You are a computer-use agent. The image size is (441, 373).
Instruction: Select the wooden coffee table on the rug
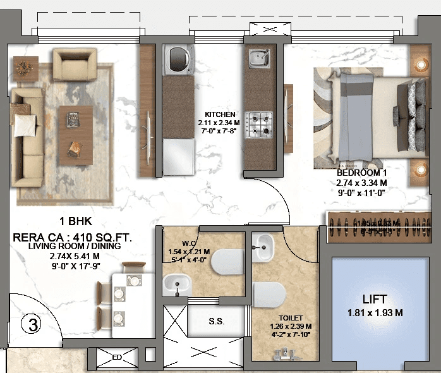coord(75,132)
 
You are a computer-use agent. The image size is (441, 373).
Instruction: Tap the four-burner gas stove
coord(258,123)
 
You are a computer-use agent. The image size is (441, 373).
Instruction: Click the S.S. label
coord(216,322)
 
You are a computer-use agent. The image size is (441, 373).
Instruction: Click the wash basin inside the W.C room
coord(178,284)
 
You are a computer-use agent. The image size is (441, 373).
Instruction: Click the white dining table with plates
coord(128,297)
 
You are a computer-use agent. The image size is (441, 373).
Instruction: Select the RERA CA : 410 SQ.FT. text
coord(73,238)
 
